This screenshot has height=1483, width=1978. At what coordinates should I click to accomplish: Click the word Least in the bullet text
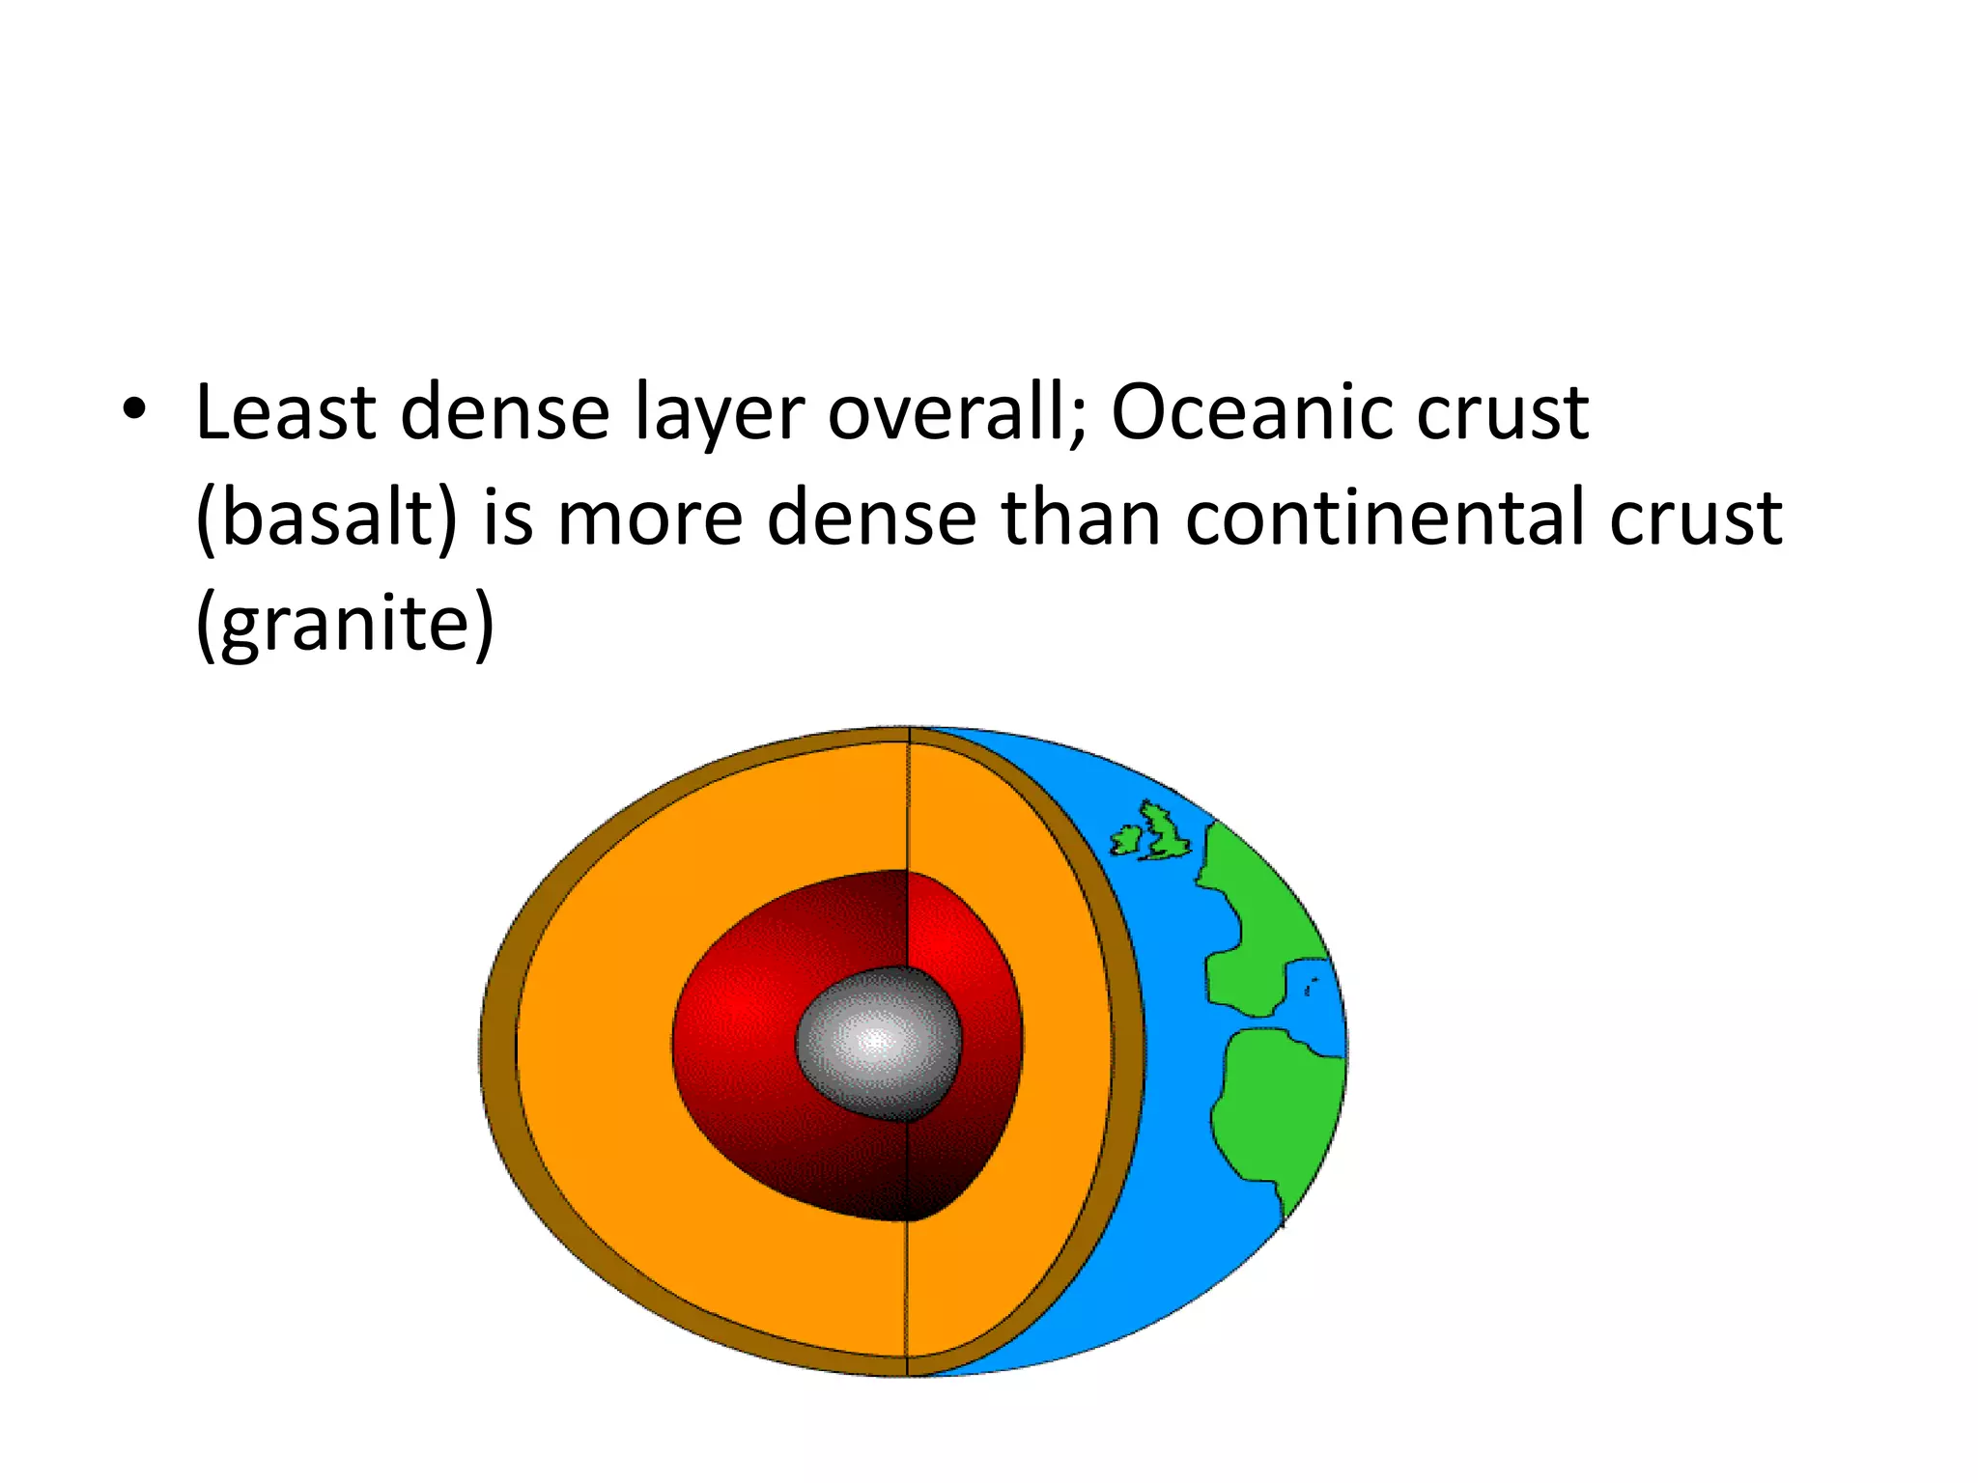pyautogui.click(x=285, y=412)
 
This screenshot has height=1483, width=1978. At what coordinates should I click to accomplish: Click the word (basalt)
pyautogui.click(x=325, y=518)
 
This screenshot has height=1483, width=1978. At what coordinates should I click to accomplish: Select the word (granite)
pyautogui.click(x=345, y=624)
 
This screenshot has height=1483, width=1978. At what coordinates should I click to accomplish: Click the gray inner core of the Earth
pyautogui.click(x=877, y=1043)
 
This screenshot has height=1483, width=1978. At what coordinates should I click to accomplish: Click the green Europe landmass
pyautogui.click(x=1256, y=917)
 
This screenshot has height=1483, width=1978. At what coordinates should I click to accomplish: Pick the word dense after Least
pyautogui.click(x=504, y=412)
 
